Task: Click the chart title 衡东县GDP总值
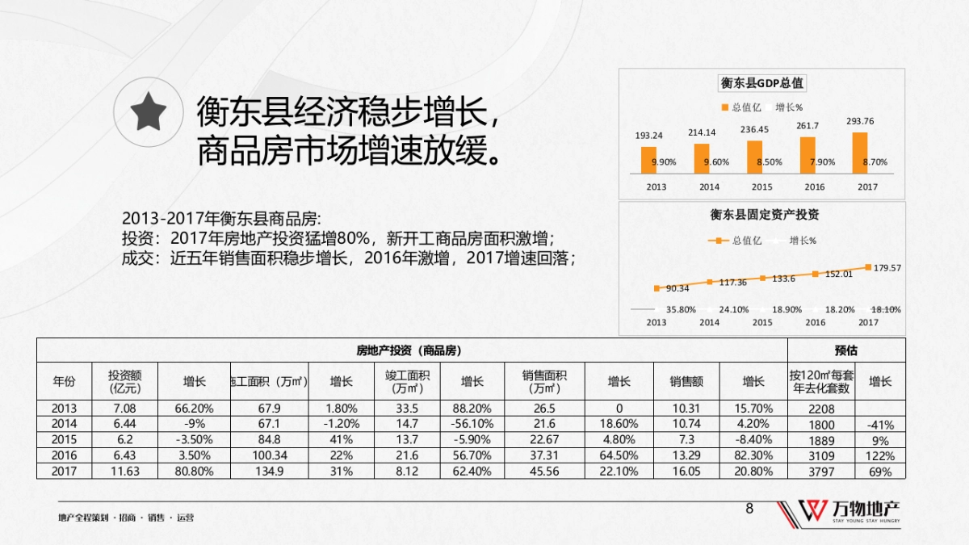tap(761, 83)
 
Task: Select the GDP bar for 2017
tap(860, 153)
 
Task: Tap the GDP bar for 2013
tap(648, 159)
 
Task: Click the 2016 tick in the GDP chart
tap(815, 187)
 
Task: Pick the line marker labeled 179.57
tap(868, 266)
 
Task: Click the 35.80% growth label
tap(681, 309)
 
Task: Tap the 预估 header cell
tap(845, 350)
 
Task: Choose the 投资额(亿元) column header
tap(125, 381)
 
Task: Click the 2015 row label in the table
tap(65, 440)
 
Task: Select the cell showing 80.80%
tap(194, 472)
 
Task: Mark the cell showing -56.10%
tap(472, 424)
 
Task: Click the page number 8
tap(749, 509)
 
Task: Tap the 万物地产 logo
tap(840, 513)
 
